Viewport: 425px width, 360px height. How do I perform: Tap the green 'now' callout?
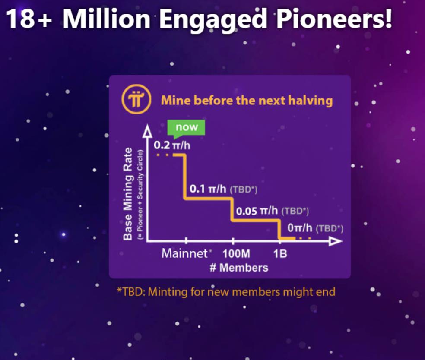(x=187, y=128)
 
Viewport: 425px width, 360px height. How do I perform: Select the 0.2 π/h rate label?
(x=172, y=145)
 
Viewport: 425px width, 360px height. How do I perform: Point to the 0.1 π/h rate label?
(x=208, y=189)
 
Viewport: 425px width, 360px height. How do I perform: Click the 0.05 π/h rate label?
(x=257, y=211)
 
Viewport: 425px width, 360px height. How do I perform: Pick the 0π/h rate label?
(x=300, y=228)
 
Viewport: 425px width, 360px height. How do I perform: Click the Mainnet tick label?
(x=184, y=253)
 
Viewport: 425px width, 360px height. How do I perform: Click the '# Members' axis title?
(x=239, y=268)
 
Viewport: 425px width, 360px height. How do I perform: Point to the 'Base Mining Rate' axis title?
(x=128, y=194)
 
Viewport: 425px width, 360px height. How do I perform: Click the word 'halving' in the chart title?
(x=311, y=101)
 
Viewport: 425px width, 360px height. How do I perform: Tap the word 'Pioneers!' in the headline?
(x=334, y=19)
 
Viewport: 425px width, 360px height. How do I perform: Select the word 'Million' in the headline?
(x=106, y=19)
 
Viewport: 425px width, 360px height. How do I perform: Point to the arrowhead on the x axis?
(x=336, y=241)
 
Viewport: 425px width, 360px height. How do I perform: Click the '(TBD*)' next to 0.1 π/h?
(x=244, y=189)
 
